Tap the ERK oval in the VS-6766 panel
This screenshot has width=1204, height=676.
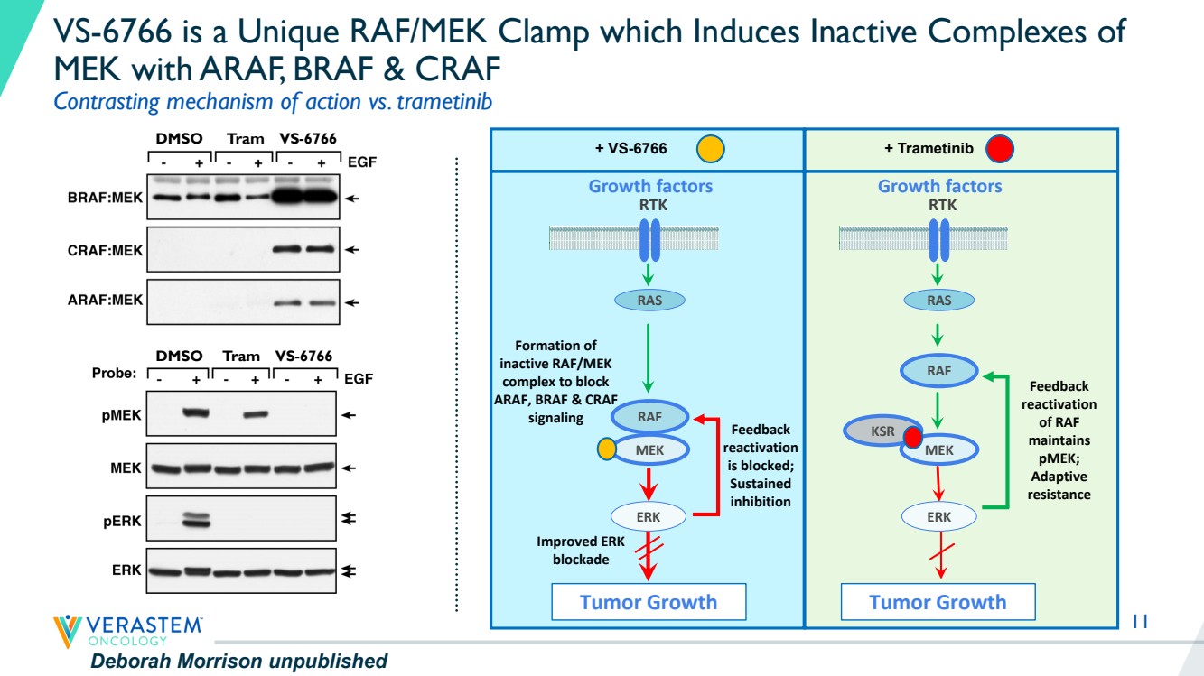[649, 516]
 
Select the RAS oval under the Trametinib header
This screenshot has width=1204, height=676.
[938, 301]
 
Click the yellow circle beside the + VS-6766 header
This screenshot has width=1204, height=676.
[710, 149]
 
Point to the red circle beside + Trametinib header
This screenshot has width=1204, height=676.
[999, 149]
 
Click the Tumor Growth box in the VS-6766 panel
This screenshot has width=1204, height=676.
[649, 602]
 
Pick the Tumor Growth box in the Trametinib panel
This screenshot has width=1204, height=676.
[938, 602]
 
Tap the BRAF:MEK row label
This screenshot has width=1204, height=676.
[105, 198]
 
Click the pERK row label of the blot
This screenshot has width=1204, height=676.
[122, 522]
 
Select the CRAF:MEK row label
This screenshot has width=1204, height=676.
[105, 250]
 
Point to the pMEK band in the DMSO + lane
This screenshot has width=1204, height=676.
[196, 412]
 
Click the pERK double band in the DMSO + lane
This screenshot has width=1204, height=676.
[196, 519]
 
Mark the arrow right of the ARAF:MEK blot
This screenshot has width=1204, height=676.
[351, 303]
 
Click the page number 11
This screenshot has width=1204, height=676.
[1140, 621]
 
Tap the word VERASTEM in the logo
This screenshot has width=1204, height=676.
[144, 625]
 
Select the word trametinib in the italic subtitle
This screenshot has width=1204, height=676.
[444, 101]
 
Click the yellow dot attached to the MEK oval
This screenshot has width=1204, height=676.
[607, 449]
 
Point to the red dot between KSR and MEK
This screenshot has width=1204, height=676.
[912, 437]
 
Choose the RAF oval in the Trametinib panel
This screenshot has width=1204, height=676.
[938, 370]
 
